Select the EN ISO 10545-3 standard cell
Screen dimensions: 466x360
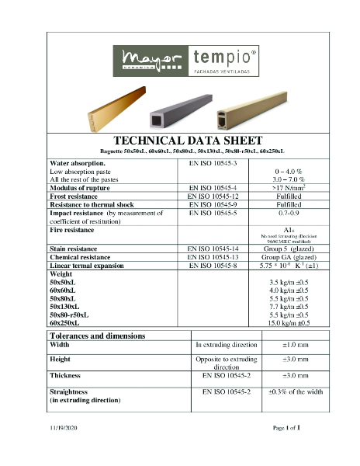[x=218, y=164]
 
